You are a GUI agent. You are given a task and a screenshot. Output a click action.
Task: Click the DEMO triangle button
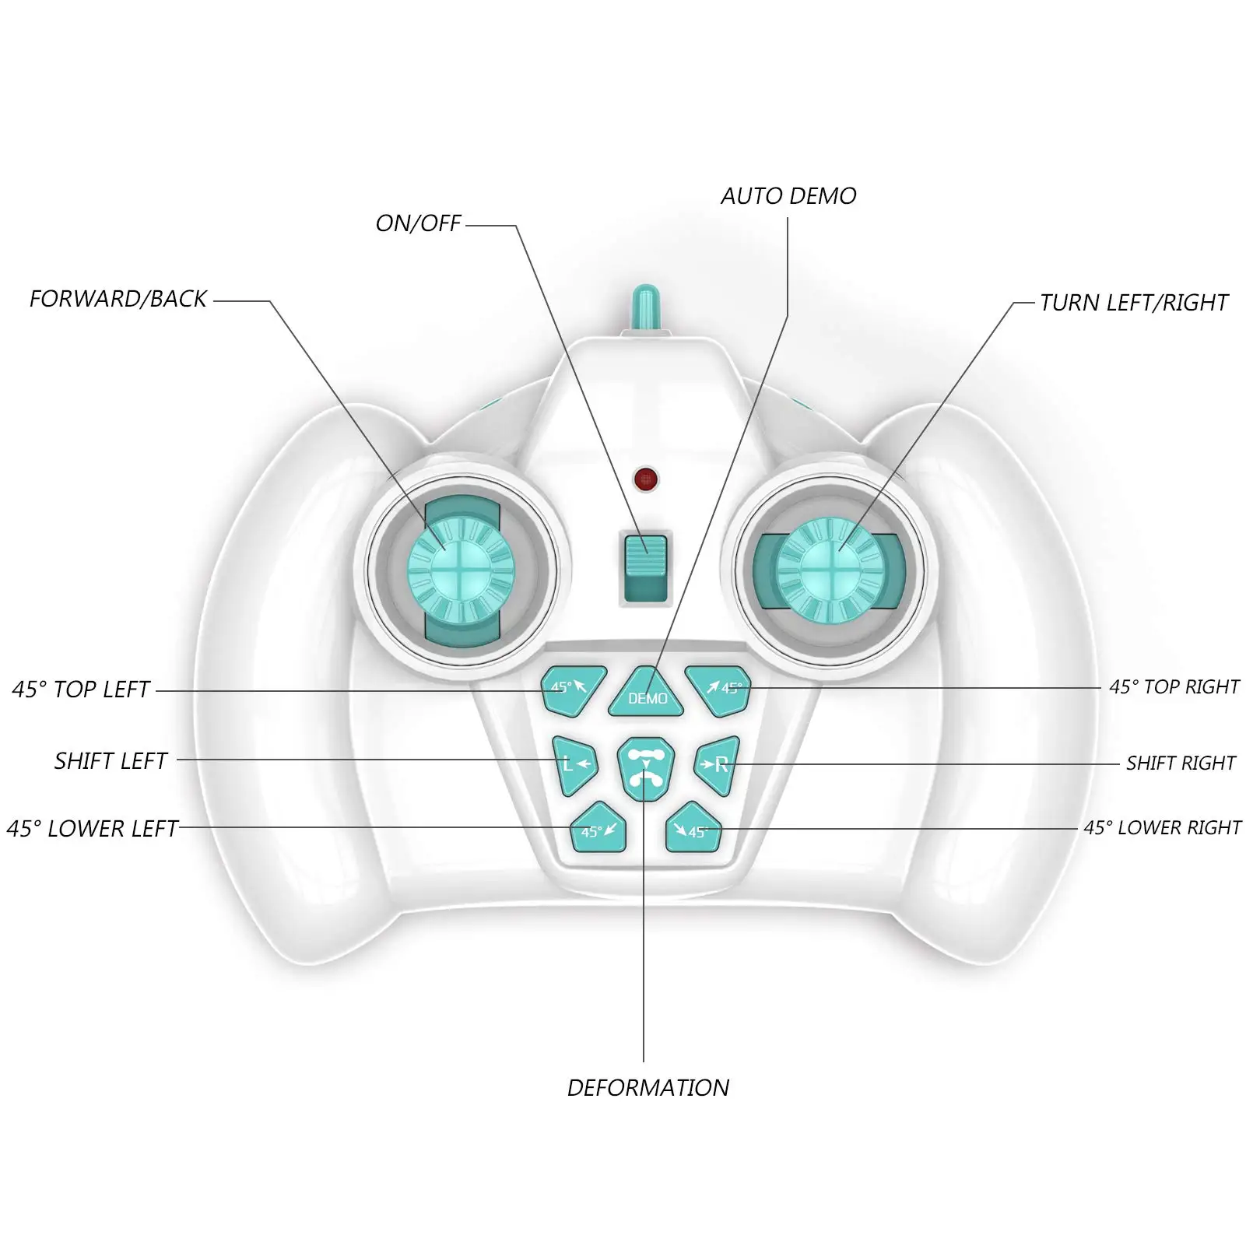pyautogui.click(x=647, y=693)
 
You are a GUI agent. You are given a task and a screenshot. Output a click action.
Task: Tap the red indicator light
pyautogui.click(x=645, y=479)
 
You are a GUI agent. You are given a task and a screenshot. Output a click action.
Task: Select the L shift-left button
pyautogui.click(x=574, y=764)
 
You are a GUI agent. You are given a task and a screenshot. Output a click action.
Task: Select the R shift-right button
pyautogui.click(x=715, y=764)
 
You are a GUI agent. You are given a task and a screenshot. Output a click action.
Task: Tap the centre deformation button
pyautogui.click(x=645, y=768)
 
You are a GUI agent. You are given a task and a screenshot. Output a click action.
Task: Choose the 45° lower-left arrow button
pyautogui.click(x=598, y=828)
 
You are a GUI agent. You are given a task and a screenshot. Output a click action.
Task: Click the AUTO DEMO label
pyautogui.click(x=788, y=196)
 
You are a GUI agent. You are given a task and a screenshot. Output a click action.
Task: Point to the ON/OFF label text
pyautogui.click(x=418, y=224)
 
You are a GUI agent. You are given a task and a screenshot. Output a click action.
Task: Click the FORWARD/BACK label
pyautogui.click(x=118, y=299)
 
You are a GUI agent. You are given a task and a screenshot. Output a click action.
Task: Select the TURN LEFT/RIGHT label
pyautogui.click(x=1134, y=303)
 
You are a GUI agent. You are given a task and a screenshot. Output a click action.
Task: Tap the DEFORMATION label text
pyautogui.click(x=648, y=1087)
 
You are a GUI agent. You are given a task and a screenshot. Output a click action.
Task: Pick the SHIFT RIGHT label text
pyautogui.click(x=1181, y=763)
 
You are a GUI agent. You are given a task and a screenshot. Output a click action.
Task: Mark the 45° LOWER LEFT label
pyautogui.click(x=93, y=829)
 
